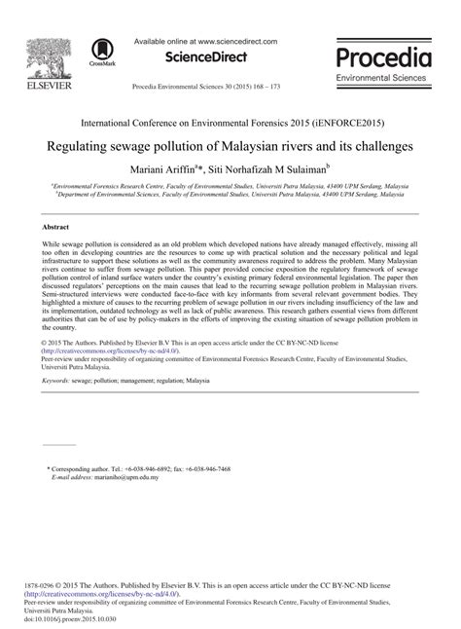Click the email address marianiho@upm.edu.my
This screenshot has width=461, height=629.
128,477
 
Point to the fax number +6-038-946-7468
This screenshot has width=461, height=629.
204,468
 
